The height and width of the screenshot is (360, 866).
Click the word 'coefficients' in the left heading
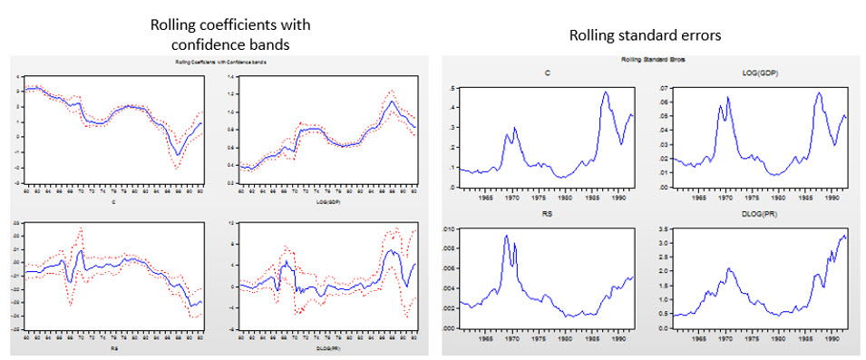pos(226,24)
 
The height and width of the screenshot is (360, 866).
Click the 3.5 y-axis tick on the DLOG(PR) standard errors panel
pos(659,231)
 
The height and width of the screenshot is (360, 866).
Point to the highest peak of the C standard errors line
pos(606,92)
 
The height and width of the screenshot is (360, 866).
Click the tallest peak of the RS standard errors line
pos(506,236)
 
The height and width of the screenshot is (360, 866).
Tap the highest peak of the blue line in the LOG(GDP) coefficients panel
pos(391,102)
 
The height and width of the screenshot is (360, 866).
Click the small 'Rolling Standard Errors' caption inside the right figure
pos(649,58)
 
